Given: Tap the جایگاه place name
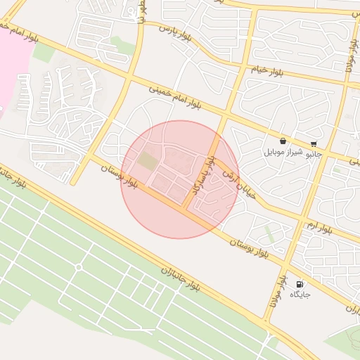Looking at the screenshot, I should click(x=300, y=293).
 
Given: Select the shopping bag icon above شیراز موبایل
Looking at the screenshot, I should click(x=283, y=141).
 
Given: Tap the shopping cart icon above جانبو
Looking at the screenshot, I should click(x=314, y=143).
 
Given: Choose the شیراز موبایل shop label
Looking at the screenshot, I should click(x=283, y=152).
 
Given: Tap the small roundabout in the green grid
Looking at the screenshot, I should click(x=78, y=267).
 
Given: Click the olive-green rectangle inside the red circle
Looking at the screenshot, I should click(x=148, y=160).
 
